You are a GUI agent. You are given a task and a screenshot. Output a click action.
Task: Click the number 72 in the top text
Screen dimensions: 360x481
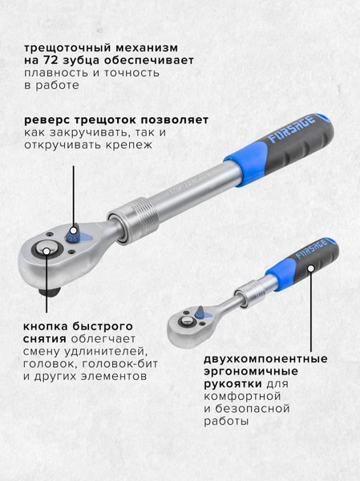point(47,60)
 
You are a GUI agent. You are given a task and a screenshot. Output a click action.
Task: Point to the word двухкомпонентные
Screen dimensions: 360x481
point(265,359)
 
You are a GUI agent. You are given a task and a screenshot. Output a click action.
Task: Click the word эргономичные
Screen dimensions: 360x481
point(251,372)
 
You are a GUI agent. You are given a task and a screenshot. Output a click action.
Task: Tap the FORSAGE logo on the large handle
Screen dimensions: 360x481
point(292,128)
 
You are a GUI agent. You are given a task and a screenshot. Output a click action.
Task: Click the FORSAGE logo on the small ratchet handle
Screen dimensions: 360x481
point(311,249)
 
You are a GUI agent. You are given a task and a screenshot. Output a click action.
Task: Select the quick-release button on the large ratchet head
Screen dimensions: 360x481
point(47,250)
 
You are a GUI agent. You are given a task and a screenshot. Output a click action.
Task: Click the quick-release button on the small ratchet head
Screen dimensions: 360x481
point(185,321)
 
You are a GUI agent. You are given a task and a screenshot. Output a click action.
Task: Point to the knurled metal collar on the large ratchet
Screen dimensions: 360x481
point(133,218)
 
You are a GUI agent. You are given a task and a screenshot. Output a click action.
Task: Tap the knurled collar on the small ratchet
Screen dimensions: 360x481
point(250,293)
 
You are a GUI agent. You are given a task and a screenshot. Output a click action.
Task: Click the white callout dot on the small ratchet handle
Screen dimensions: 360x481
point(311,269)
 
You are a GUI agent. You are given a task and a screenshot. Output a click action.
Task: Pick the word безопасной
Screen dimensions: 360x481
point(253,409)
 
